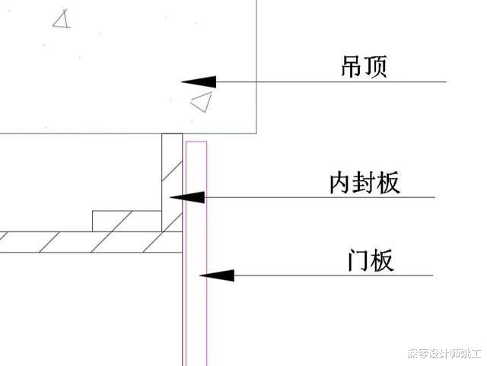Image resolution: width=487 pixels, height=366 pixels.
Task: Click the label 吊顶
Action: pos(364,67)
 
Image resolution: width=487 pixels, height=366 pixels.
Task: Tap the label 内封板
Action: pos(364,183)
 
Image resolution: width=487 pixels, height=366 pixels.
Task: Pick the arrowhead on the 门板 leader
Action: pos(216,275)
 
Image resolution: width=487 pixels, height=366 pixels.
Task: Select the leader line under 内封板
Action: pos(320,197)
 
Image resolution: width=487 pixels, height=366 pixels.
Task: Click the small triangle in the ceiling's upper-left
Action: pos(62,19)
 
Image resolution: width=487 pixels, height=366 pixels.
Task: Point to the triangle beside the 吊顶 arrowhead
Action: pos(201,102)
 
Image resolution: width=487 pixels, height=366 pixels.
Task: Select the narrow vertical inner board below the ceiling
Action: pos(171,175)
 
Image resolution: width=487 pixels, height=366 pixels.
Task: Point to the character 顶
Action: pos(376,67)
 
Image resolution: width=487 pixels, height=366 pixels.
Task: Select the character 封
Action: pos(364,183)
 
